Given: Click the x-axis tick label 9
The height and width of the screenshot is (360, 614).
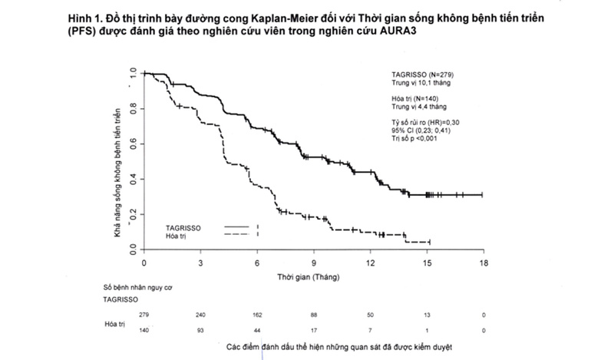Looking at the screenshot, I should (x=314, y=263).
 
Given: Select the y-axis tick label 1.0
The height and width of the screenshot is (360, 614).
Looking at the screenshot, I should (x=134, y=74).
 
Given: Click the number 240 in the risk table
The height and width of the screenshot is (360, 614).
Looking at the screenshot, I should (x=200, y=315).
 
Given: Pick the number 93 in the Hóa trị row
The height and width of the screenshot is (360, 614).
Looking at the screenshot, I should (x=200, y=329).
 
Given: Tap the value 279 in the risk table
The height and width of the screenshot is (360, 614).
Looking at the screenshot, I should (x=144, y=315).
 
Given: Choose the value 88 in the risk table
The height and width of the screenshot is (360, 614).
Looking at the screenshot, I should (x=314, y=315).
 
